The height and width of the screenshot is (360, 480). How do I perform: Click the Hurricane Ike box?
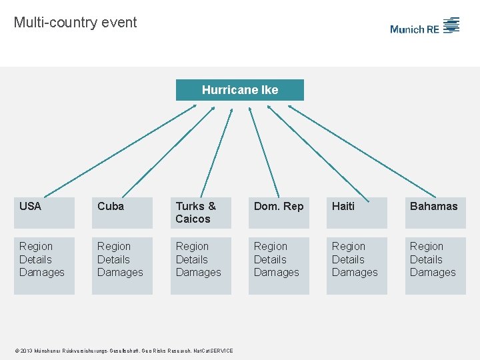click(240, 90)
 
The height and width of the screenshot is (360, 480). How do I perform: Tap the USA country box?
click(44, 213)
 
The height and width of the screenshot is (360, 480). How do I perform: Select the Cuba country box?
click(122, 213)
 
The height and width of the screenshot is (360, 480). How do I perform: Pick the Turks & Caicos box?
click(200, 213)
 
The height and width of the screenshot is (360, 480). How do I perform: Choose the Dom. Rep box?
click(279, 213)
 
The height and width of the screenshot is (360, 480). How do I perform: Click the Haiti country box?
click(357, 213)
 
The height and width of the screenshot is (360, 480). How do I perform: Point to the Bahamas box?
click(435, 213)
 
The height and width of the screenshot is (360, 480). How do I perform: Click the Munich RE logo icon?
click(452, 25)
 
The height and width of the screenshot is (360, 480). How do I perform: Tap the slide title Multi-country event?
click(75, 23)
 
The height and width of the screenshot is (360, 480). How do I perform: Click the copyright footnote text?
click(123, 351)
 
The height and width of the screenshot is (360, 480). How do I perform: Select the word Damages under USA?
click(42, 272)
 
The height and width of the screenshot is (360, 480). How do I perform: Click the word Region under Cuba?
click(114, 247)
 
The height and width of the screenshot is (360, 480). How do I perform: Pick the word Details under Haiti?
click(349, 259)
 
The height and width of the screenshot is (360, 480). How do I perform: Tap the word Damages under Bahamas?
click(433, 272)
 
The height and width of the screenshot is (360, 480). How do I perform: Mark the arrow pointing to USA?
click(120, 149)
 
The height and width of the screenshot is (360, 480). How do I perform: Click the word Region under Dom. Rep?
click(271, 247)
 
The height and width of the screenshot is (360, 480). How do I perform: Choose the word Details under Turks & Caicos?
click(192, 259)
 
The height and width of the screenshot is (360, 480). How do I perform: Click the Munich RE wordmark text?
click(415, 29)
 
